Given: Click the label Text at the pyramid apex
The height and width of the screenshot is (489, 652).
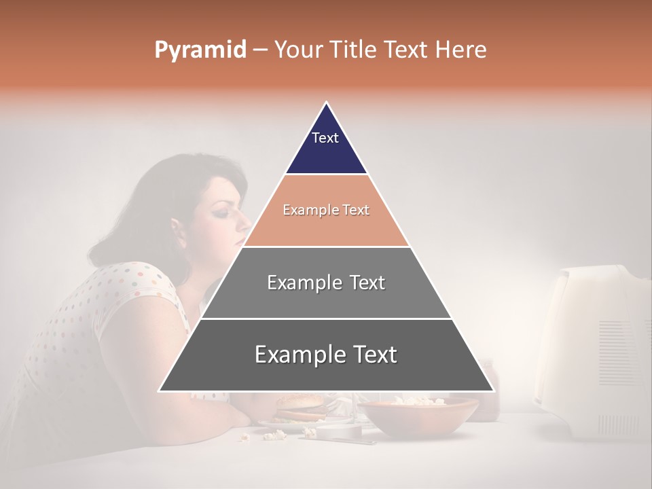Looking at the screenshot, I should click(x=325, y=138).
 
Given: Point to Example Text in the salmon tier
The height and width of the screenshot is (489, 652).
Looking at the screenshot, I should click(x=326, y=210).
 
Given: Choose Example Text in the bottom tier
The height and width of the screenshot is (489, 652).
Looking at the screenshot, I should click(x=326, y=355).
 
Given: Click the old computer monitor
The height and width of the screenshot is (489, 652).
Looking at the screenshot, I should click(x=598, y=353).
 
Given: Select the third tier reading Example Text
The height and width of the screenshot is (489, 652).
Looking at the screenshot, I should click(x=326, y=283).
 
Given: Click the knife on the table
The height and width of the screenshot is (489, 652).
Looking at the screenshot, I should click(x=340, y=440).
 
